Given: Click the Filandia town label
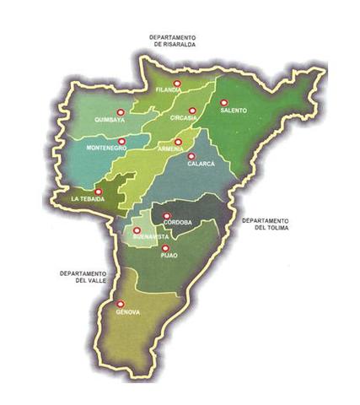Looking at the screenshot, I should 169,89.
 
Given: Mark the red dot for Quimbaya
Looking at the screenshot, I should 120,111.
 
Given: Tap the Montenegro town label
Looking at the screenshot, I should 105,148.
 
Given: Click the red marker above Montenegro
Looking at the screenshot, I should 121,142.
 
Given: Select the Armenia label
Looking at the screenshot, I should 172,149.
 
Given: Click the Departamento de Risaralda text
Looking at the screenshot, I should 173,42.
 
